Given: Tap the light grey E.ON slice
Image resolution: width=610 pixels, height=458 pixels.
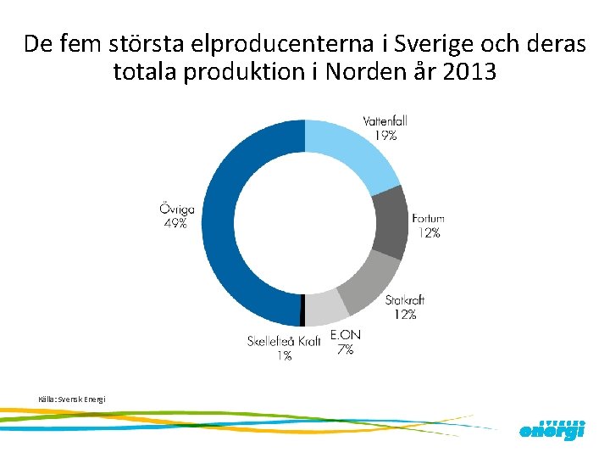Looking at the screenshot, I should (x=321, y=309).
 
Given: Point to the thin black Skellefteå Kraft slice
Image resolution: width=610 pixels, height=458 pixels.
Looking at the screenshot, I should (x=302, y=311).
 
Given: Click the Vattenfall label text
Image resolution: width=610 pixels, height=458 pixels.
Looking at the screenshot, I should (x=385, y=121).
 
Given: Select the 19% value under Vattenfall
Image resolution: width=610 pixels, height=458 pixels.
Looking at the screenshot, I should (x=385, y=135).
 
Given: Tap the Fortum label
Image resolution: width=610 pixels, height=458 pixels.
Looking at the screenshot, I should (x=428, y=219).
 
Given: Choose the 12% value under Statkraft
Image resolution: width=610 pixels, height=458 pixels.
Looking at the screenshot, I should (x=405, y=315).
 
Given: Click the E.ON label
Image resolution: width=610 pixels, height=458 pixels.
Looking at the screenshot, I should (x=345, y=336).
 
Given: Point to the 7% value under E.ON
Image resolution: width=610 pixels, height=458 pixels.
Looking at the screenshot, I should (x=345, y=349).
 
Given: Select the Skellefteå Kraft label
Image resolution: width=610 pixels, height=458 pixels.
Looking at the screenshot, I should (x=284, y=342).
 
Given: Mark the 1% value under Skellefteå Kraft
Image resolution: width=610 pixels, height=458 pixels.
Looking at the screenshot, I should (x=284, y=356).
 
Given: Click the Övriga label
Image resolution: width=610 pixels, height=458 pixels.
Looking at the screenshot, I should (x=176, y=209).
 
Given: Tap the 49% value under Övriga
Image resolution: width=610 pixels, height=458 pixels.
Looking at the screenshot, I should (x=176, y=224).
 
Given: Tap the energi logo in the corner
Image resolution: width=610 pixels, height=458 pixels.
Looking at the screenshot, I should (x=552, y=430).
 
